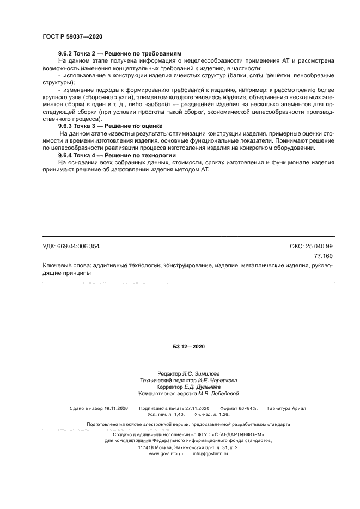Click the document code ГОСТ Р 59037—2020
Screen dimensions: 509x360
tap(72, 36)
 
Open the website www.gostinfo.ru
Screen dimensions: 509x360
tap(166, 453)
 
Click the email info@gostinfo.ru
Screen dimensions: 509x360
tap(210, 453)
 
